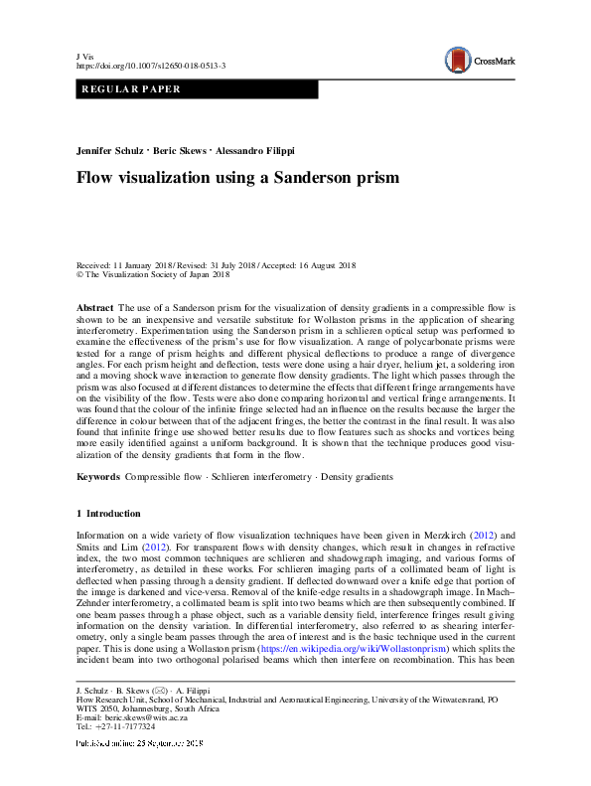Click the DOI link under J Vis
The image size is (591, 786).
[151, 66]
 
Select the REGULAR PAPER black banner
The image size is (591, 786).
[197, 89]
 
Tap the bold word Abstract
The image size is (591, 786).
[94, 309]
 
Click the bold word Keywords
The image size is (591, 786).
[99, 477]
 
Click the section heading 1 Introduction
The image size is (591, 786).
[108, 514]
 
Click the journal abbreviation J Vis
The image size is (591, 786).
[85, 56]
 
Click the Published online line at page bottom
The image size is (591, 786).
[139, 743]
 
